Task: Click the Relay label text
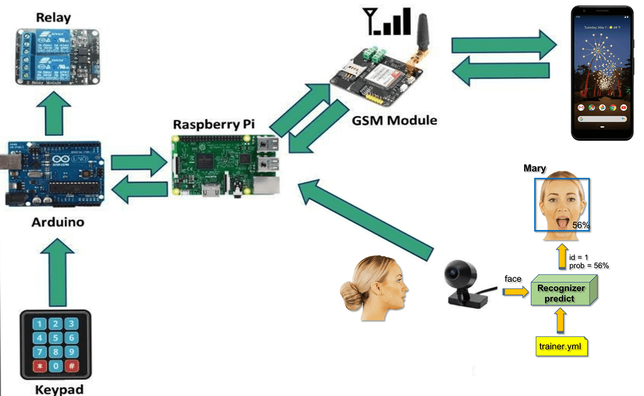[x=53, y=18]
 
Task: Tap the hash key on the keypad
[x=71, y=367]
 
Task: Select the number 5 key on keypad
[x=56, y=339]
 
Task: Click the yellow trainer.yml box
[x=561, y=346]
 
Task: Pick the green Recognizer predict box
[x=561, y=293]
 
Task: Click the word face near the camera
[x=513, y=279]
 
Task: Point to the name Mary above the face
[x=535, y=169]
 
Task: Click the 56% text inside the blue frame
[x=581, y=225]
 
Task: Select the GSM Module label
[x=394, y=120]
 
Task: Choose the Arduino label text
[x=57, y=222]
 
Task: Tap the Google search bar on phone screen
[x=602, y=119]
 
